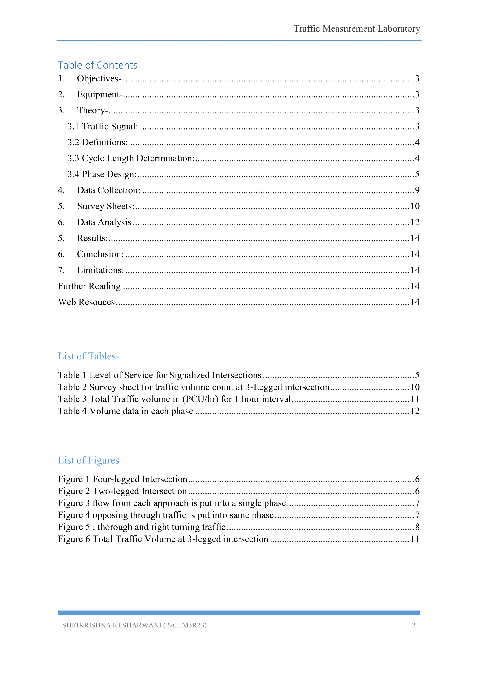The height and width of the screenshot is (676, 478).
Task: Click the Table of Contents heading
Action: (97, 65)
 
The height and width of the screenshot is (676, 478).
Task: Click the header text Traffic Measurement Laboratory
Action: (356, 28)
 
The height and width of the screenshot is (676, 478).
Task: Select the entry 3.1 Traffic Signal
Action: (103, 126)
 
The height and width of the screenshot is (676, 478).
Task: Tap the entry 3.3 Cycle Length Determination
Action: (131, 158)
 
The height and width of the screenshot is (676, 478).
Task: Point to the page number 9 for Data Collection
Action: (417, 190)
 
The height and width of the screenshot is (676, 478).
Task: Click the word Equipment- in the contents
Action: (99, 94)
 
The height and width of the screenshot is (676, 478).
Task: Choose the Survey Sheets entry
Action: (105, 206)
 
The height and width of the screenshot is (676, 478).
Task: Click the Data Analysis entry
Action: (104, 222)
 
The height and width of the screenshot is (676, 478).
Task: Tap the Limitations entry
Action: (100, 270)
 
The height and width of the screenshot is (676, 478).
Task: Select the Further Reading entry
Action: (89, 286)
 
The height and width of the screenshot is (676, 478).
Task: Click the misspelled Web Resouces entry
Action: (86, 302)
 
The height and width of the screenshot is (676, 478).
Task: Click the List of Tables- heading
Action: (88, 356)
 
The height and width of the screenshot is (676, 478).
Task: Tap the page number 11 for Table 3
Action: (415, 399)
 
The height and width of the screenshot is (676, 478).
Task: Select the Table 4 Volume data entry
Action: (125, 411)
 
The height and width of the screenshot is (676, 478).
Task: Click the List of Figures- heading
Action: (90, 460)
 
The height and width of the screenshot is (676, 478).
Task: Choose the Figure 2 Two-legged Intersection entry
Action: (122, 491)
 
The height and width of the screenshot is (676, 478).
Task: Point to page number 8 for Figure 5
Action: (417, 527)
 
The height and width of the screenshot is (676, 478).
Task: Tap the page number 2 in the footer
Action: (413, 625)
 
